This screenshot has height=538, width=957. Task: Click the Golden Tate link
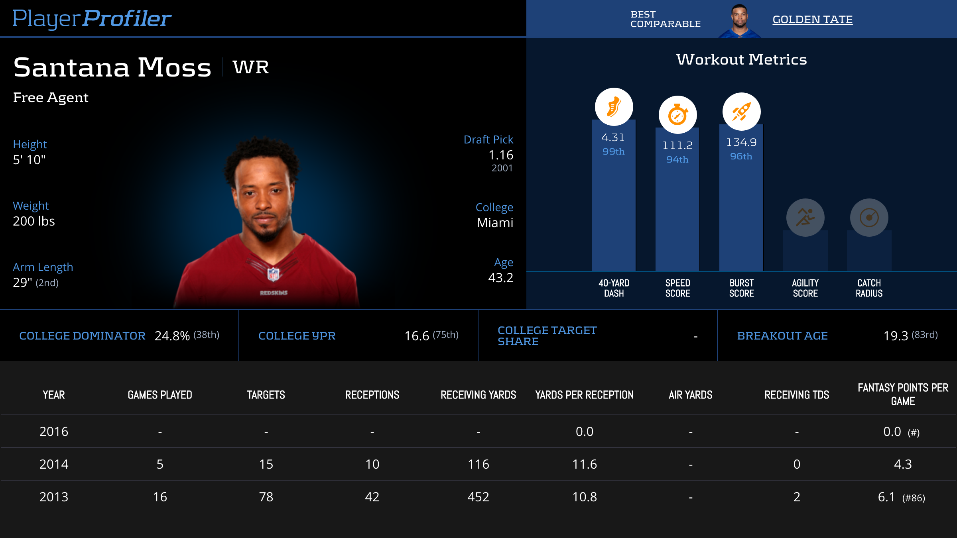(x=812, y=20)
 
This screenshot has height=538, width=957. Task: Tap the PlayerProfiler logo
(x=92, y=19)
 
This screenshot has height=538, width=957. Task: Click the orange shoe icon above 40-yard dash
(x=614, y=107)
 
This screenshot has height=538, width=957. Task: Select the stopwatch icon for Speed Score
(x=677, y=115)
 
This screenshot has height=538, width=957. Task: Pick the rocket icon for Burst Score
(x=741, y=112)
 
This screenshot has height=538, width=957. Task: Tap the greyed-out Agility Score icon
(x=805, y=218)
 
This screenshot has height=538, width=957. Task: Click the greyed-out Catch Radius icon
(x=869, y=218)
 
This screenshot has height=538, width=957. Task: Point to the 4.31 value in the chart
(x=613, y=137)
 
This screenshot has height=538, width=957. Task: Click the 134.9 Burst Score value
(x=741, y=142)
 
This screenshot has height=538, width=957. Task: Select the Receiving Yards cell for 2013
(x=478, y=497)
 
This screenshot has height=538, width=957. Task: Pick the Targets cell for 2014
(x=266, y=464)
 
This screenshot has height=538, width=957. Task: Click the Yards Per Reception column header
(x=584, y=395)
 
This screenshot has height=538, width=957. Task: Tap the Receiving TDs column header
(x=796, y=395)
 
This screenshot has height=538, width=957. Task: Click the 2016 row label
(x=54, y=432)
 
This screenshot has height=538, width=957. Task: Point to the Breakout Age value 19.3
(x=896, y=336)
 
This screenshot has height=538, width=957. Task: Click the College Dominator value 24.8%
(x=172, y=336)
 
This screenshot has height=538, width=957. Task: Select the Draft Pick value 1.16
(x=501, y=155)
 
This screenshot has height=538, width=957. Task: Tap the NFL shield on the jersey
(x=273, y=274)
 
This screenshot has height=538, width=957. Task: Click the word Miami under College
(x=495, y=223)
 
